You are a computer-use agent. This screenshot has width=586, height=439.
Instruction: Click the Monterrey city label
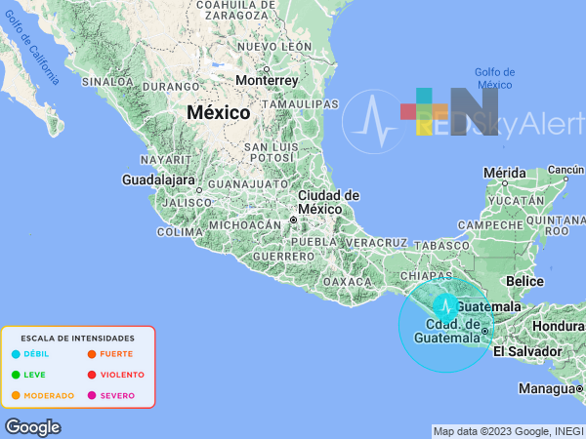[x=267, y=80]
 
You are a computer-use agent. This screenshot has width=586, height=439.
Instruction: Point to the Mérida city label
[x=505, y=172]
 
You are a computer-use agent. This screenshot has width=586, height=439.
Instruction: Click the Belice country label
[x=525, y=281]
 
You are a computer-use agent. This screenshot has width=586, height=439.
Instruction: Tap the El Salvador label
[x=527, y=351]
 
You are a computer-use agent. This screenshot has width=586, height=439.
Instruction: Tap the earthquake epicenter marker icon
[x=445, y=307]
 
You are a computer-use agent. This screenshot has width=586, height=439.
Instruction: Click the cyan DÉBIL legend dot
[x=16, y=354]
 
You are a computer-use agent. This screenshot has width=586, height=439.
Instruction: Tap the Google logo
[x=32, y=427]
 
